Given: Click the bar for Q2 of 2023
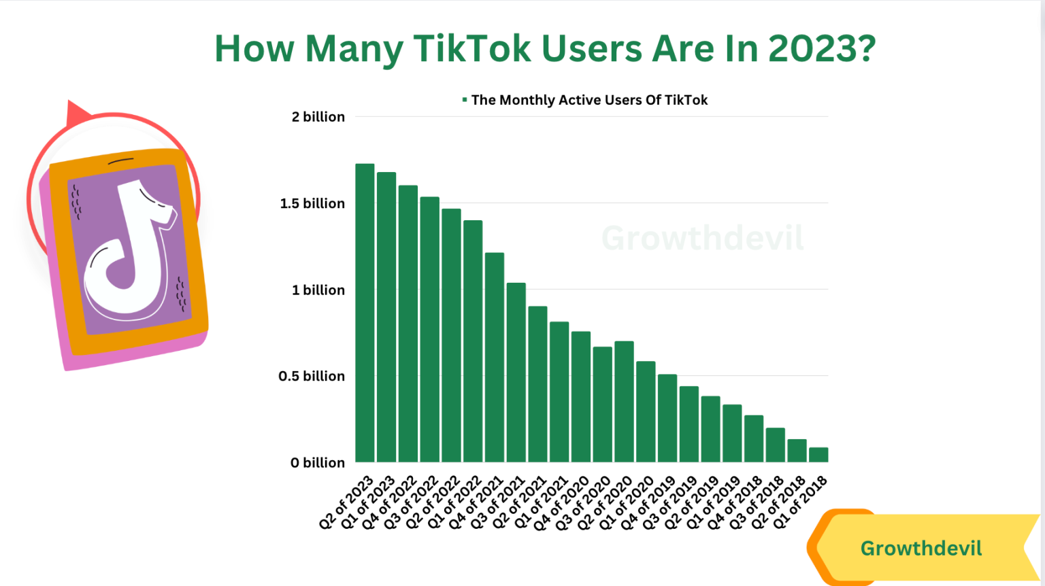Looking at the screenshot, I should pyautogui.click(x=365, y=313).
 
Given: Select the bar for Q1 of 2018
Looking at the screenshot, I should pyautogui.click(x=818, y=455).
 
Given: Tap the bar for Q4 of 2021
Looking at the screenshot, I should pyautogui.click(x=495, y=358).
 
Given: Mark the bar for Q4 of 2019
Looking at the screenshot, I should pyautogui.click(x=667, y=418).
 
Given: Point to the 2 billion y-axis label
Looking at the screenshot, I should pyautogui.click(x=318, y=117).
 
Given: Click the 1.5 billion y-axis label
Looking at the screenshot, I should pyautogui.click(x=312, y=203).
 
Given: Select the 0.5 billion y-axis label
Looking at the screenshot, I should pyautogui.click(x=312, y=376).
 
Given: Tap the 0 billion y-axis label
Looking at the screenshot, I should pyautogui.click(x=317, y=463).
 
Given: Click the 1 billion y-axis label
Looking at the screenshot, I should pyautogui.click(x=318, y=290).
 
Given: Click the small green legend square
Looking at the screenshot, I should pyautogui.click(x=465, y=100).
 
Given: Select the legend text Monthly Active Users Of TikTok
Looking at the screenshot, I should pyautogui.click(x=589, y=100).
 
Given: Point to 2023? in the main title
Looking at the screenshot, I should pyautogui.click(x=822, y=49).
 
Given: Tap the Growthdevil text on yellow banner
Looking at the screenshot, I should pyautogui.click(x=920, y=549).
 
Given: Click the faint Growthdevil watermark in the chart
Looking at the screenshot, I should pyautogui.click(x=702, y=239).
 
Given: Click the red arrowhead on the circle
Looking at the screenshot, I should pyautogui.click(x=76, y=114).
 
